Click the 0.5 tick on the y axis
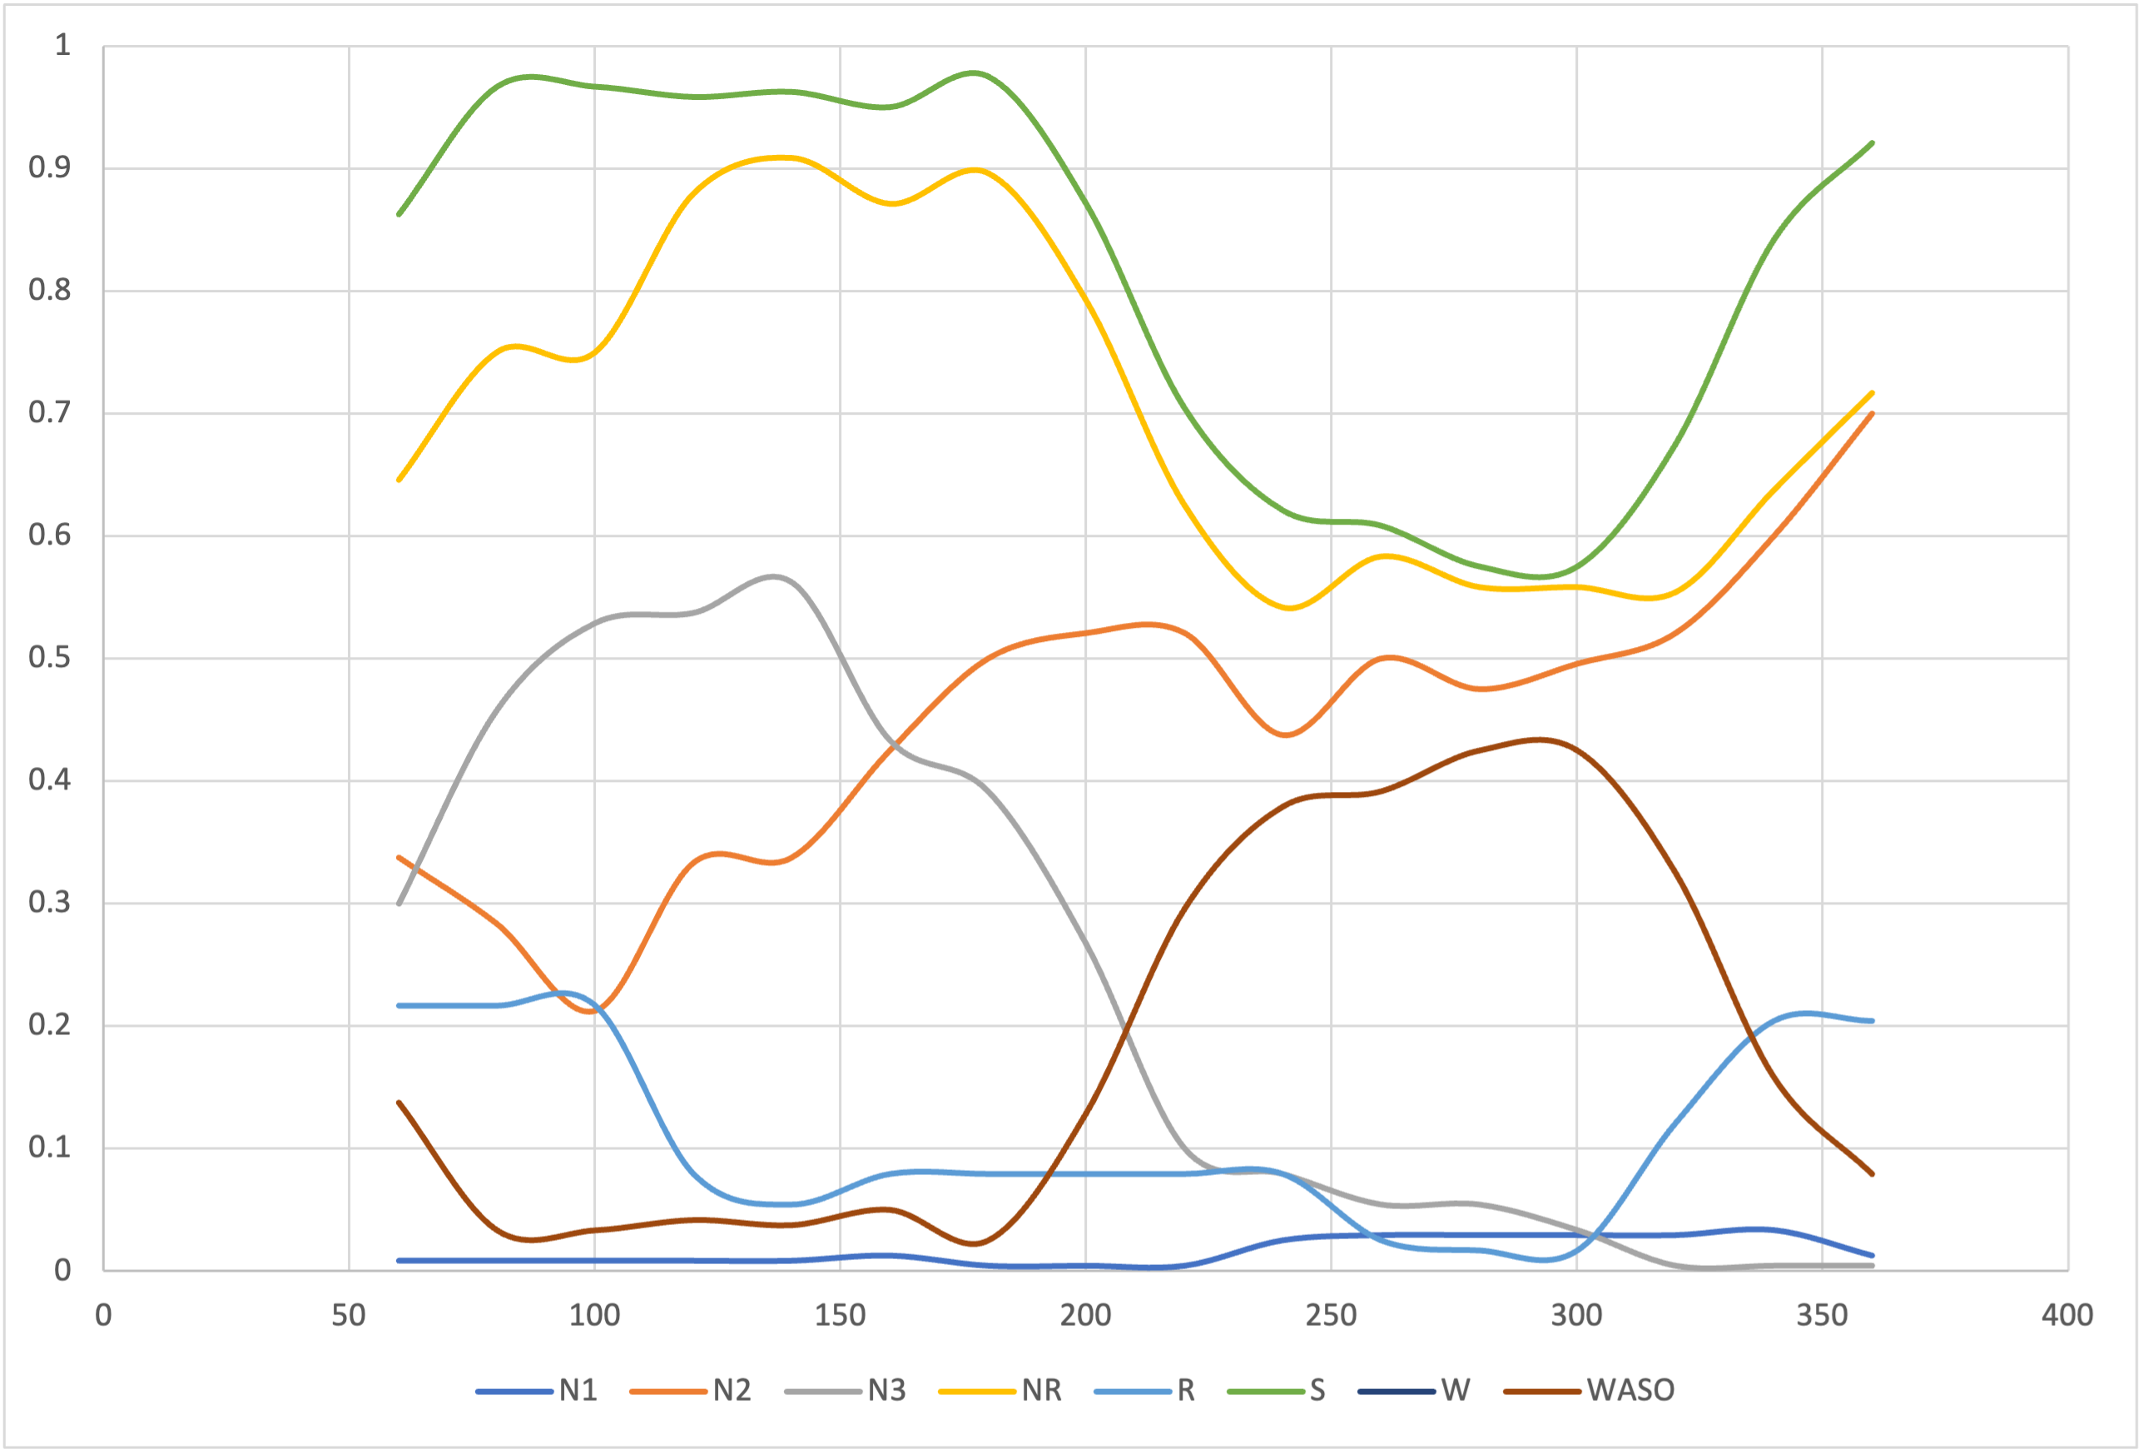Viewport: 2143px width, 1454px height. point(49,658)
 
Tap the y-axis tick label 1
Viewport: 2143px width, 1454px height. point(62,45)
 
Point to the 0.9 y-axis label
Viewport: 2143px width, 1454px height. point(49,168)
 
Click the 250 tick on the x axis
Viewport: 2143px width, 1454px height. point(1331,1316)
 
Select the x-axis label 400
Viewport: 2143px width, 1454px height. point(2067,1316)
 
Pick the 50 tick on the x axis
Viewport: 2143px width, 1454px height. point(349,1316)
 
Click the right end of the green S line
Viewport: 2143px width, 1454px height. point(1872,143)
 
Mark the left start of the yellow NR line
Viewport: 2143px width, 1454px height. point(399,480)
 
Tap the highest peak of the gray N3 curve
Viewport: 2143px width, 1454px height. point(773,576)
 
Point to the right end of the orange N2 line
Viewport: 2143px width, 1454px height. point(1872,413)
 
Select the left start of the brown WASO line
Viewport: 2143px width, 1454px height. point(399,1103)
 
